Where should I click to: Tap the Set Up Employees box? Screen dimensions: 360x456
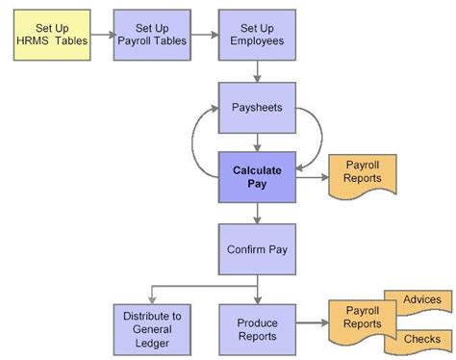257,37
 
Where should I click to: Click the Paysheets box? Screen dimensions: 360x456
257,107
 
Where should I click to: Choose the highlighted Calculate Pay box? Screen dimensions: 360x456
257,177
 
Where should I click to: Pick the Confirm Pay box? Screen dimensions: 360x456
257,249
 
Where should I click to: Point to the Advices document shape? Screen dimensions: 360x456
419,300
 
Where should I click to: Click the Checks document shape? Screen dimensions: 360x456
420,339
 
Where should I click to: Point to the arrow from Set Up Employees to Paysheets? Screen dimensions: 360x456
257,72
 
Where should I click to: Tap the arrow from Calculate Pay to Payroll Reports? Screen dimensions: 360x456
310,177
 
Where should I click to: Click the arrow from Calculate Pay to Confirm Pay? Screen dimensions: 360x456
257,214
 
